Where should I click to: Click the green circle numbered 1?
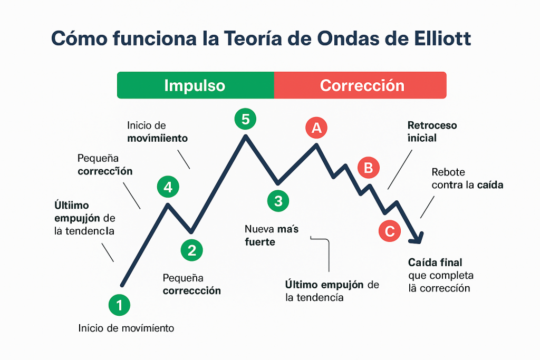(x=119, y=305)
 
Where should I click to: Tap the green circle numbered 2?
(x=191, y=250)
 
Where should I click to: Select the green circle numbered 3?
(x=278, y=200)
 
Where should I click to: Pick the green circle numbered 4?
(x=168, y=186)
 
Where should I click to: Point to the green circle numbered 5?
(x=245, y=119)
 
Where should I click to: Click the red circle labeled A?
(x=316, y=127)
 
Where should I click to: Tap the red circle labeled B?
(x=369, y=168)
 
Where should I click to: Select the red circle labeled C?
(x=390, y=231)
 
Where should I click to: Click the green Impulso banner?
(x=195, y=85)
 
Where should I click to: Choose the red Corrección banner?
(x=361, y=85)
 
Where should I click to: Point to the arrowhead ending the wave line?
(x=417, y=238)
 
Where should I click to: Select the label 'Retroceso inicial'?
(x=431, y=132)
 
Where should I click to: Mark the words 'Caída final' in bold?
(x=435, y=262)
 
